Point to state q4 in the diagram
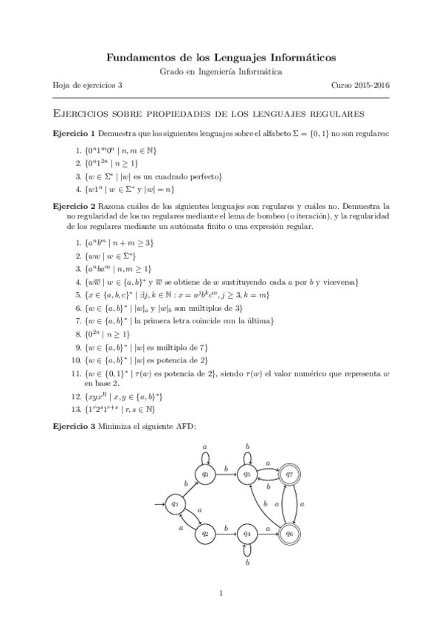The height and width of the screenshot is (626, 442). click(x=248, y=532)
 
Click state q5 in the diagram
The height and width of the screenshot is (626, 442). click(x=248, y=475)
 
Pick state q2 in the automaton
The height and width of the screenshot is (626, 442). click(x=207, y=532)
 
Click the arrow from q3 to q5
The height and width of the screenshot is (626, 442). click(x=227, y=475)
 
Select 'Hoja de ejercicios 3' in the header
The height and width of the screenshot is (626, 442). click(x=87, y=85)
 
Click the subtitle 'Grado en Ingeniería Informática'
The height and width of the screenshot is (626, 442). click(x=221, y=71)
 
